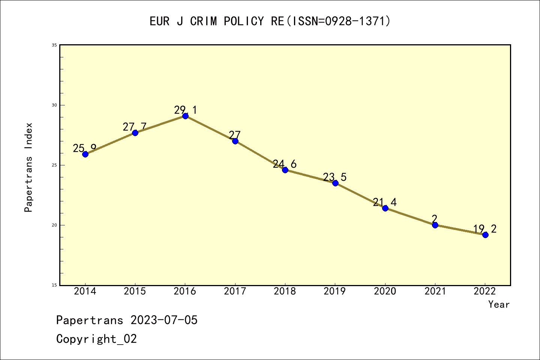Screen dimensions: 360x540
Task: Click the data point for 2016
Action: pos(185,116)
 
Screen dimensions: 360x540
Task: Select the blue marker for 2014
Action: pos(85,154)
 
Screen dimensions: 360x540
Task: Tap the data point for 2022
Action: pos(485,235)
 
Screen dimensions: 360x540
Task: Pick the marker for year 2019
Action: pos(335,183)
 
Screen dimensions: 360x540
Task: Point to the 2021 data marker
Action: pos(435,225)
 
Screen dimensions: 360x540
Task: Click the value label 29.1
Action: pos(185,110)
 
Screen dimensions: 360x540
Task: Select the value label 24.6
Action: pos(285,164)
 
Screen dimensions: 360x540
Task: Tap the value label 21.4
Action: pos(385,202)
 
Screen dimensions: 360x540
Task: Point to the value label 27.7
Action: pos(135,127)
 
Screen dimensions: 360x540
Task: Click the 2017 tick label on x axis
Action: pos(235,291)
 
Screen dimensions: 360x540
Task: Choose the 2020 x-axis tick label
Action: pos(385,291)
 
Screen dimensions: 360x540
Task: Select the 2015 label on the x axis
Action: pos(135,291)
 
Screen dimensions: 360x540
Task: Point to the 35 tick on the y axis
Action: pos(54,45)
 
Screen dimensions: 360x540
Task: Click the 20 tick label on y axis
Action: pos(54,225)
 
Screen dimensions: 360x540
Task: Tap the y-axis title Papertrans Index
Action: pos(28,167)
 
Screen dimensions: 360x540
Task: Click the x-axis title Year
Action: pos(499,304)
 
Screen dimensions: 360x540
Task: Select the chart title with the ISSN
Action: pos(270,21)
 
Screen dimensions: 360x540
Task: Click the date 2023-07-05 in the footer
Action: pos(164,320)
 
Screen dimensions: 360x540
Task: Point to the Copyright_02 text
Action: pos(96,339)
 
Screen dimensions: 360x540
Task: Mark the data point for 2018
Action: pos(285,170)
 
